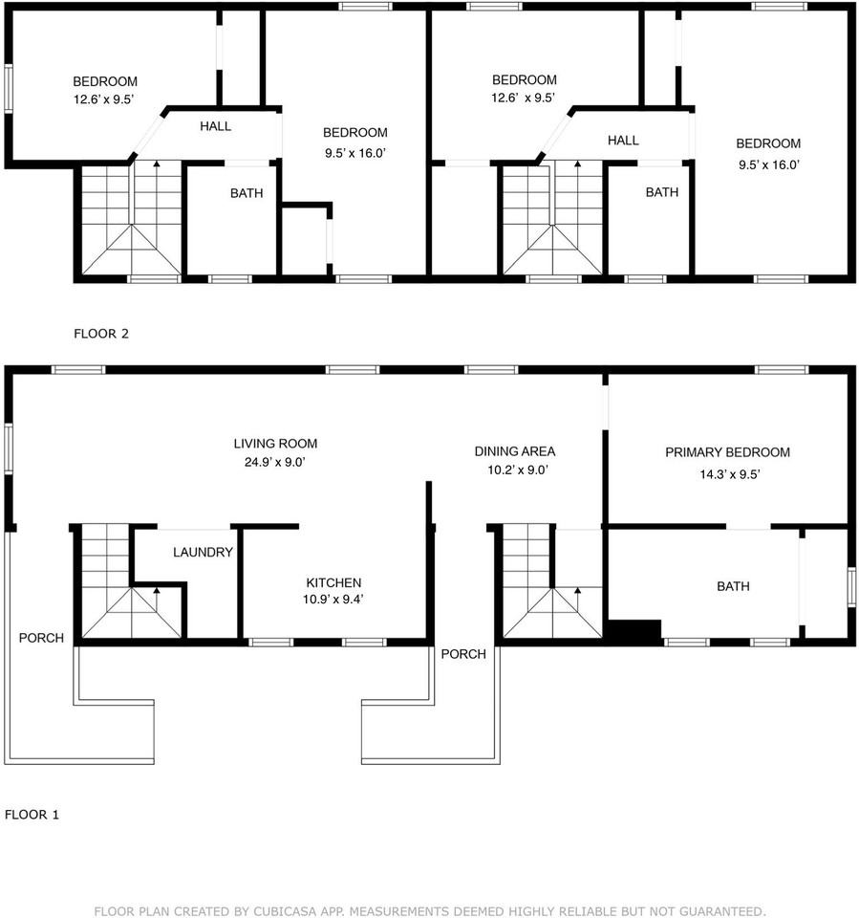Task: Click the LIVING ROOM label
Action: pyautogui.click(x=275, y=444)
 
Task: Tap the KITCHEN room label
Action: pyautogui.click(x=333, y=582)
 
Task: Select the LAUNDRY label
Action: pyautogui.click(x=204, y=552)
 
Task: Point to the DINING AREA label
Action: pyautogui.click(x=514, y=451)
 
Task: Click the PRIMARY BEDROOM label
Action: pyautogui.click(x=727, y=452)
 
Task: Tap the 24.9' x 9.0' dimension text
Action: pyautogui.click(x=275, y=462)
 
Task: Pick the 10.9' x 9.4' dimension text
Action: pyautogui.click(x=333, y=599)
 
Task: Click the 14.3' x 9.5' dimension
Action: pyautogui.click(x=730, y=474)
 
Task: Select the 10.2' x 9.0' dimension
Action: pyautogui.click(x=518, y=470)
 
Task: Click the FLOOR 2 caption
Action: pyautogui.click(x=101, y=334)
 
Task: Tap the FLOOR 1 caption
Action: pyautogui.click(x=32, y=815)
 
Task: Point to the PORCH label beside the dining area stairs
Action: pyautogui.click(x=463, y=654)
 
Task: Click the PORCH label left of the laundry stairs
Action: pyautogui.click(x=41, y=638)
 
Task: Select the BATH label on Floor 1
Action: pyautogui.click(x=733, y=586)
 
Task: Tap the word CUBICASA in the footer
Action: pyautogui.click(x=284, y=911)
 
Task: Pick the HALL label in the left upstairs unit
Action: pyautogui.click(x=215, y=126)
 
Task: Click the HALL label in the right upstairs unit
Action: pyautogui.click(x=623, y=141)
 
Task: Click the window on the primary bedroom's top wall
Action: pyautogui.click(x=782, y=369)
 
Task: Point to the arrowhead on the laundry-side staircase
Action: pyautogui.click(x=157, y=591)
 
